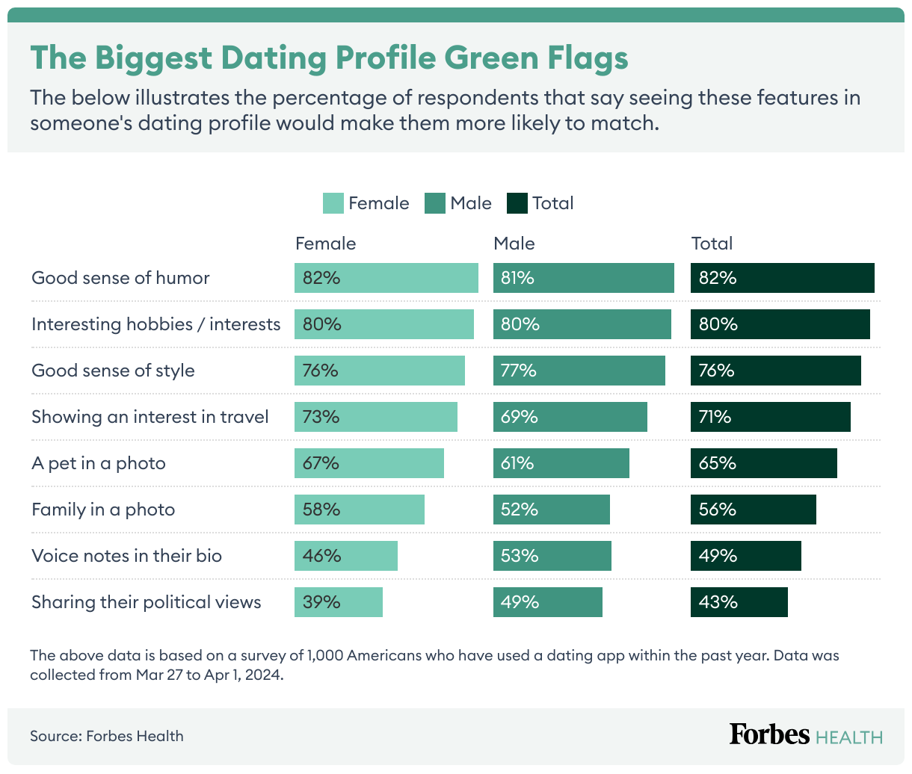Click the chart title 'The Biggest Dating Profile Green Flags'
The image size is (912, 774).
pyautogui.click(x=329, y=58)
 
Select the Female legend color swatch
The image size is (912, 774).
pyautogui.click(x=333, y=203)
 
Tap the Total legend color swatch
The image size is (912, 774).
pyautogui.click(x=517, y=203)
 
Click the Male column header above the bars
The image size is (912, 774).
pyautogui.click(x=514, y=244)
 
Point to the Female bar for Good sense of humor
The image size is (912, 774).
pyautogui.click(x=386, y=278)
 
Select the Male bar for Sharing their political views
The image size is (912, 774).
pyautogui.click(x=547, y=602)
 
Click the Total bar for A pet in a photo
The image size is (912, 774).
pyautogui.click(x=763, y=463)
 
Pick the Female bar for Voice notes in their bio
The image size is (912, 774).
pyautogui.click(x=345, y=556)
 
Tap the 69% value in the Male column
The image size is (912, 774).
pyautogui.click(x=520, y=417)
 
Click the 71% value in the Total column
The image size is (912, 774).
pyautogui.click(x=715, y=417)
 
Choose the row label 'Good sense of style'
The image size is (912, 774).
pyautogui.click(x=113, y=371)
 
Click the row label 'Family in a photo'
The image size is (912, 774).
pyautogui.click(x=103, y=510)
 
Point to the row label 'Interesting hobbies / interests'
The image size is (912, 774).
pyautogui.click(x=156, y=324)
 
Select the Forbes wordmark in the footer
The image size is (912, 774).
pyautogui.click(x=769, y=734)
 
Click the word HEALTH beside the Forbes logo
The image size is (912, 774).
pyautogui.click(x=849, y=737)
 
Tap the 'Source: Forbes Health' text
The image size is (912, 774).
pyautogui.click(x=107, y=736)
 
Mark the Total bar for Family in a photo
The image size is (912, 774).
pyautogui.click(x=753, y=510)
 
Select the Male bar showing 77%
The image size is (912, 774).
pyautogui.click(x=579, y=371)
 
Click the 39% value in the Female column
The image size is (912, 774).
pyautogui.click(x=321, y=602)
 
